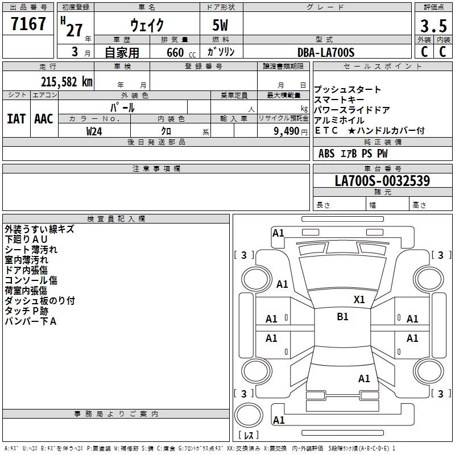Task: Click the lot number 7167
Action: coord(28,23)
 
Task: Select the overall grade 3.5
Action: coord(433,26)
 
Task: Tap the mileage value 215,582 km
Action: coord(67,82)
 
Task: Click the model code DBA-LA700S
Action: coord(326,52)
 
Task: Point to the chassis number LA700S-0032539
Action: coord(382,180)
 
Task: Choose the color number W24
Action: coord(94,131)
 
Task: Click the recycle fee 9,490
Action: coord(287,131)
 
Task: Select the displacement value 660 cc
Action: coord(181,52)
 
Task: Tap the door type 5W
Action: coord(220,25)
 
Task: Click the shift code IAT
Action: coord(16,119)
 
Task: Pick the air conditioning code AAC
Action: coord(44,119)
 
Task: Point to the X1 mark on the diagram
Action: coord(359,300)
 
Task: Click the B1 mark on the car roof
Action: coord(342,316)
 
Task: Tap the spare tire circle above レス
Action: coord(249,415)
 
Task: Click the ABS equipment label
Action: coord(326,154)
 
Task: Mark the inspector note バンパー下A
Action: coord(31,321)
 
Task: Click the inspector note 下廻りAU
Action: coord(26,239)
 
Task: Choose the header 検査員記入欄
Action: coord(116,219)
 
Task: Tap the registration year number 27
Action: coord(75,30)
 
